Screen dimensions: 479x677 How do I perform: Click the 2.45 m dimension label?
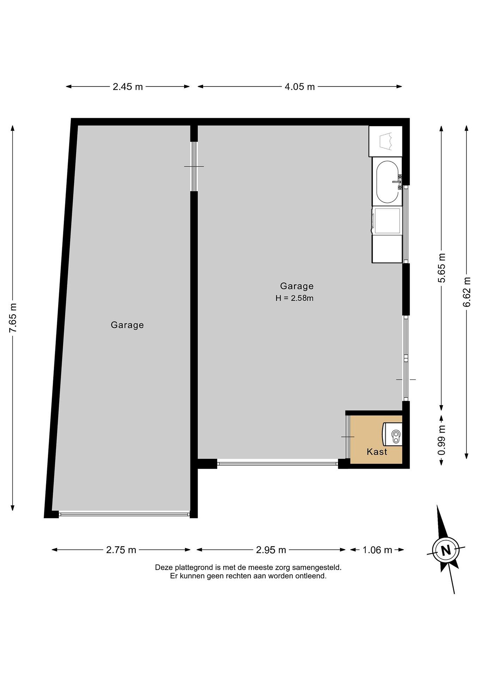pos(128,87)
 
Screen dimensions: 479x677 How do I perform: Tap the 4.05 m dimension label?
pos(300,87)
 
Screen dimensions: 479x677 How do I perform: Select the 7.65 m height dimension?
pos(13,318)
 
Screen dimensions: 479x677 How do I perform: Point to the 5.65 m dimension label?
pos(442,268)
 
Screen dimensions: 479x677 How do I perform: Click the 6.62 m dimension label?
pos(467,292)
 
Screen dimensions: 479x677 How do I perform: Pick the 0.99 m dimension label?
pos(442,440)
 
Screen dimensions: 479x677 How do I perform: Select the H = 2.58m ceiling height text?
pos(294,298)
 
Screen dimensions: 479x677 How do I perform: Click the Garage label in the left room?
pos(127,325)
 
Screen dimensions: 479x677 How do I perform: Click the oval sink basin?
pos(387,182)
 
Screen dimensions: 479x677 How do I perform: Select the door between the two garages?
pos(194,167)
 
